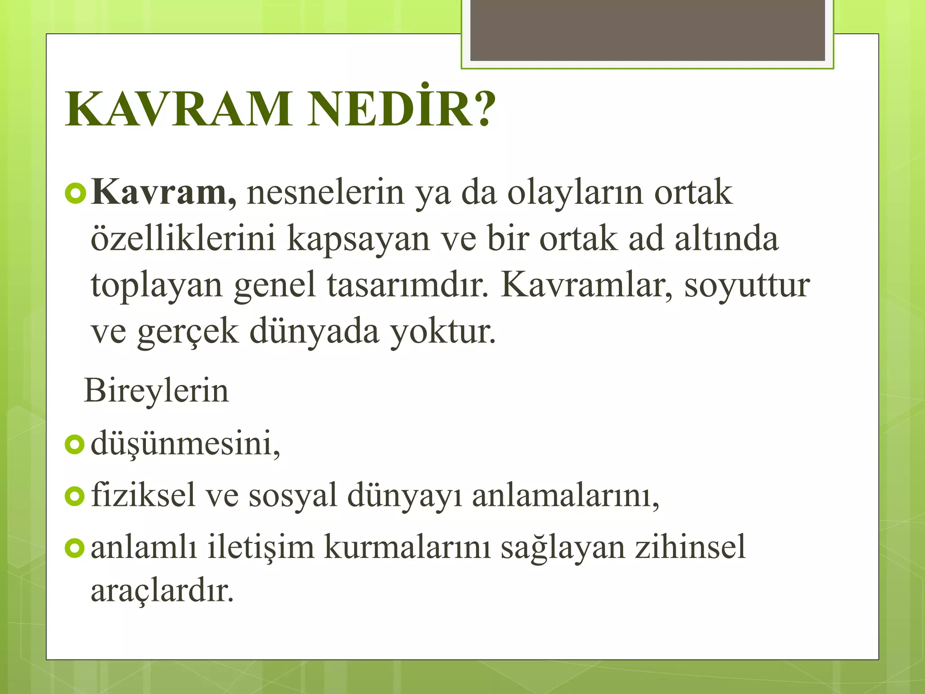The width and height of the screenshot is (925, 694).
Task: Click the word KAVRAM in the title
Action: (x=178, y=109)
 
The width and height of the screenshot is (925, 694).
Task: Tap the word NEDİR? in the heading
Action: (x=401, y=109)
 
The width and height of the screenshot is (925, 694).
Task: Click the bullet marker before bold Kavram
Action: (x=75, y=194)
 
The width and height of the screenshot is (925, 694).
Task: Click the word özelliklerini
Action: (x=183, y=239)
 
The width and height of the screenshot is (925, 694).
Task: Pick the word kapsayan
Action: (x=358, y=239)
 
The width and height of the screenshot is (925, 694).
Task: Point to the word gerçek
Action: (x=187, y=333)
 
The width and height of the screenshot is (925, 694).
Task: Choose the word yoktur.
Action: (x=443, y=332)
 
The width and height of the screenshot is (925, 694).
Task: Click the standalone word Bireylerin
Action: (x=156, y=391)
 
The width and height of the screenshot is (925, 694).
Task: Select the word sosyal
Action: (x=293, y=496)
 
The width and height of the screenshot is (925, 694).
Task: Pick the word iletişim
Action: (x=261, y=547)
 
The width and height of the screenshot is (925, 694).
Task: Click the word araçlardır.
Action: (x=162, y=591)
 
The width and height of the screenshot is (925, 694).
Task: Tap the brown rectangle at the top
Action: (x=647, y=30)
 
